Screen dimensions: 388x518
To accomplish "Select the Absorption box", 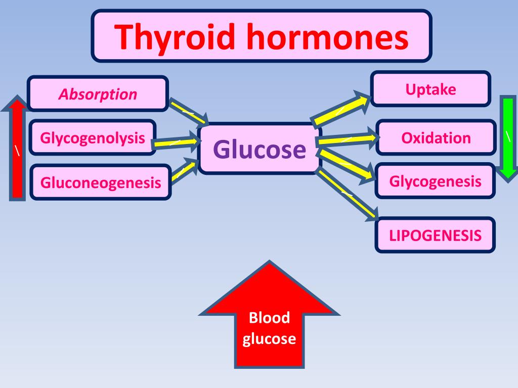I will (x=98, y=93).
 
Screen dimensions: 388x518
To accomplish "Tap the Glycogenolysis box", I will (x=93, y=137).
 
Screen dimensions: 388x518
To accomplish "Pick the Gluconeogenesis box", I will (x=101, y=182).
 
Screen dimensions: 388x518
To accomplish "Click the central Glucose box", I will (x=260, y=149).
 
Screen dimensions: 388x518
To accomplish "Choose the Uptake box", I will (x=430, y=89).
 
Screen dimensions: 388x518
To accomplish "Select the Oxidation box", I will (x=436, y=137).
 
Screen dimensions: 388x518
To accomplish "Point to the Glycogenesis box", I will (x=435, y=181).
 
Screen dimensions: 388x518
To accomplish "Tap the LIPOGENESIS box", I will (x=435, y=235).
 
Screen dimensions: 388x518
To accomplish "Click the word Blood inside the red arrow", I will (x=269, y=318).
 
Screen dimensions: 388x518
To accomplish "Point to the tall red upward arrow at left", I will (x=18, y=149).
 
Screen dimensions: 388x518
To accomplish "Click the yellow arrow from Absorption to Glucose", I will (x=188, y=111).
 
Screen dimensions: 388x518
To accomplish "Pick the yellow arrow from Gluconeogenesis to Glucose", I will (x=183, y=171).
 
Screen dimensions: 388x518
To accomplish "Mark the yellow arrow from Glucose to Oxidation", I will (x=347, y=139).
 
